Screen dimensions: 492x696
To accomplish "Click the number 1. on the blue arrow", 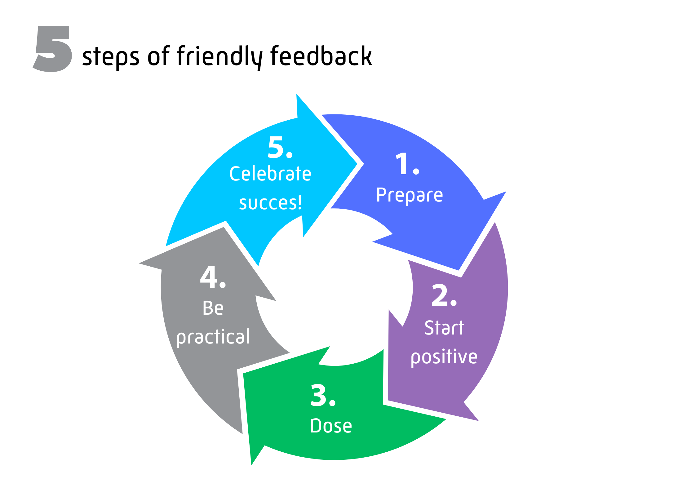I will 407,164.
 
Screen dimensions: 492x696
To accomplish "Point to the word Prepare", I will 410,196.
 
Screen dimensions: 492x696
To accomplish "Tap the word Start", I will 444,328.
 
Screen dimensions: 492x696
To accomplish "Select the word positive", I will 444,357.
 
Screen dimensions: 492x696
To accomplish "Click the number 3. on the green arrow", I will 323,396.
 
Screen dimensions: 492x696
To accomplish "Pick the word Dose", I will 331,426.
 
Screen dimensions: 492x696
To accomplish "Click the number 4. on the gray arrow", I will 213,277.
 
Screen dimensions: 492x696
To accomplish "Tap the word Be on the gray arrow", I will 213,308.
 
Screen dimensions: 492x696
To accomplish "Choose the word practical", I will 213,337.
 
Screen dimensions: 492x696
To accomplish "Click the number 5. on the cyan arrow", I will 280,148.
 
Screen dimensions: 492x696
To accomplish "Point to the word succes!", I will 270,203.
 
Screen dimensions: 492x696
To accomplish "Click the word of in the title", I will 158,56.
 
